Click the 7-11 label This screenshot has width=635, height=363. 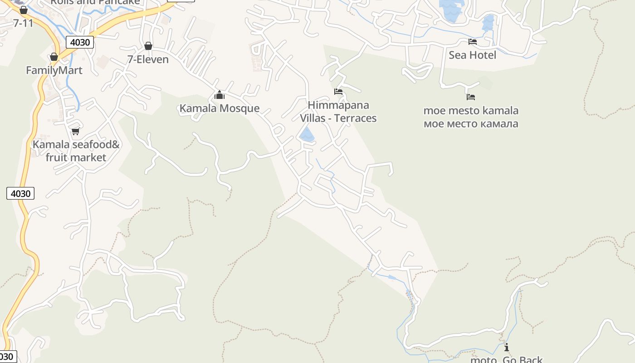coord(23,23)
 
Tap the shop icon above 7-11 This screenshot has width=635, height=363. coord(24,10)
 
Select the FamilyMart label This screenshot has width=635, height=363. coord(54,70)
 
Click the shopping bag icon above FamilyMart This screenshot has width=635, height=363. coord(54,57)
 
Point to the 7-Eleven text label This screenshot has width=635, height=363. coord(148,59)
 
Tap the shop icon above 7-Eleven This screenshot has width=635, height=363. coord(148,46)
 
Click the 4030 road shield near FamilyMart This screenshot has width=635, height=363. coord(80,43)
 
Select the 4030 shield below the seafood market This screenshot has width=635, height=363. coord(20,194)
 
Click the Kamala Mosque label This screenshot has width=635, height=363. coord(220,108)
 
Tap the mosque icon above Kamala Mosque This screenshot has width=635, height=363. coord(220,95)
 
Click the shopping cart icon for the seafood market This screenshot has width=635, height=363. coord(75,132)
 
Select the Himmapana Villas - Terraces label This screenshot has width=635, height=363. coord(338,112)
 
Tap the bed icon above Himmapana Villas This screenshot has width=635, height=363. coord(338,92)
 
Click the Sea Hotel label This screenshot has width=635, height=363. coord(472,55)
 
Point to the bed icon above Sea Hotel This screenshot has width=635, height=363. coord(473,42)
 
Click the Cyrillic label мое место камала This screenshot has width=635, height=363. coord(471,124)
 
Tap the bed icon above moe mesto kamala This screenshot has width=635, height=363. coord(471,97)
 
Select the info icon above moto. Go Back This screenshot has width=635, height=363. coord(507,348)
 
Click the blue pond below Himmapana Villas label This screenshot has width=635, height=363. coord(307,135)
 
